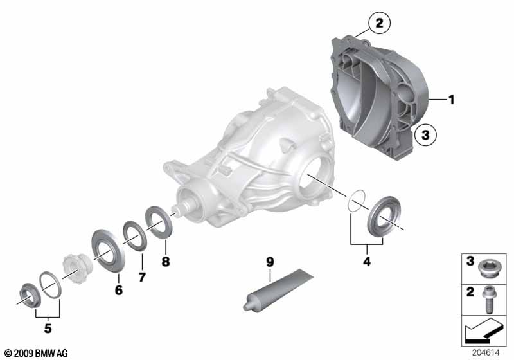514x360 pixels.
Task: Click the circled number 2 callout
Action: tap(379, 23)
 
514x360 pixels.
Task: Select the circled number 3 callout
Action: tap(425, 134)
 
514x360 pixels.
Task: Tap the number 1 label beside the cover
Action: tap(452, 100)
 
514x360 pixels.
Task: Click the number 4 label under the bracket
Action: tap(367, 262)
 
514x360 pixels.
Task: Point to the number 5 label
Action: tap(48, 328)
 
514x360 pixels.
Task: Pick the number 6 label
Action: tap(119, 290)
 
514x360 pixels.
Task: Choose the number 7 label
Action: tap(142, 277)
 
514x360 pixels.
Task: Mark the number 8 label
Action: tap(166, 262)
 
